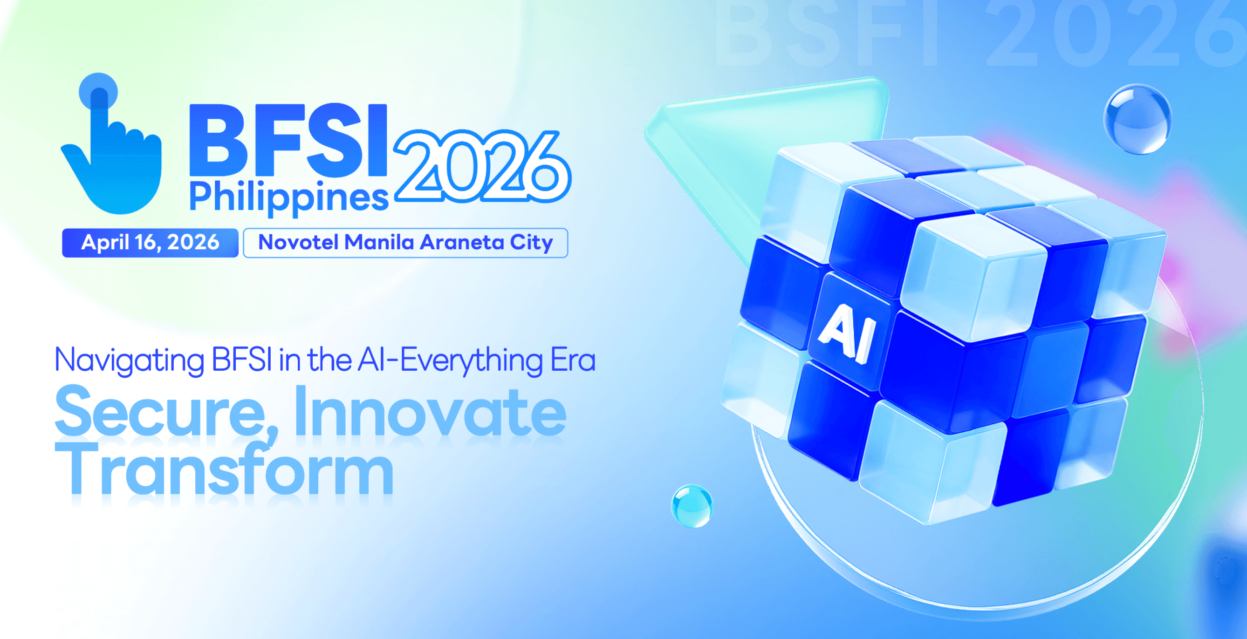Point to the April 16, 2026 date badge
[150, 243]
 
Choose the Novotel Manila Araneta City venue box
[406, 243]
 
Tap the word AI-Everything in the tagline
[451, 361]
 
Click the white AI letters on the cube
[847, 334]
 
